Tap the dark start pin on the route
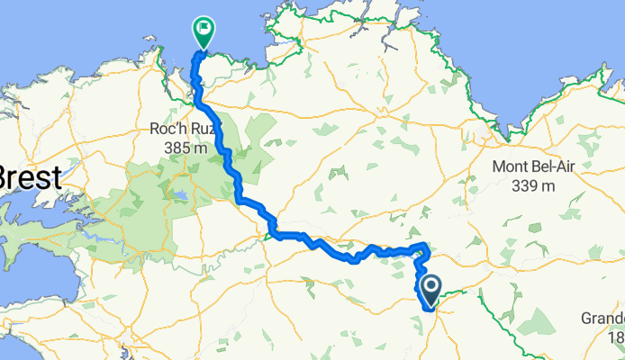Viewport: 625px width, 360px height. click(430, 289)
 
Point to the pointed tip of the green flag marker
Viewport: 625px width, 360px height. click(204, 50)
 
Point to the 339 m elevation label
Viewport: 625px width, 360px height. click(538, 185)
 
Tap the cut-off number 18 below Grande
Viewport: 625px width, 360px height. click(615, 337)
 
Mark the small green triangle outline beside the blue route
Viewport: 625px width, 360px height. click(270, 237)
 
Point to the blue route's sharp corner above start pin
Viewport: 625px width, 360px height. click(424, 246)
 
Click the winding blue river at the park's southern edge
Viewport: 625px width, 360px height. click(90, 240)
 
